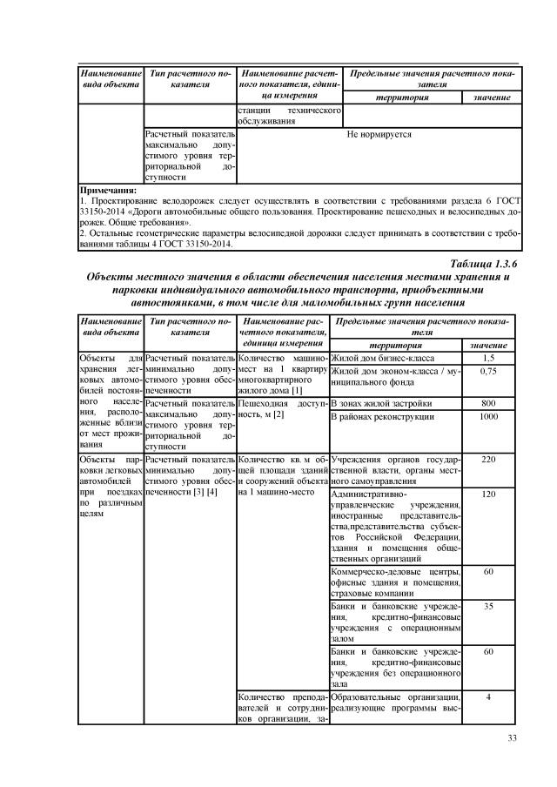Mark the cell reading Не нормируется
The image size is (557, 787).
[379, 135]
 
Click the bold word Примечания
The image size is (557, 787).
[108, 189]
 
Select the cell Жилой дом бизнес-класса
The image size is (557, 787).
[394, 358]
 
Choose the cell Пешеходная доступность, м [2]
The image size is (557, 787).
[281, 409]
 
